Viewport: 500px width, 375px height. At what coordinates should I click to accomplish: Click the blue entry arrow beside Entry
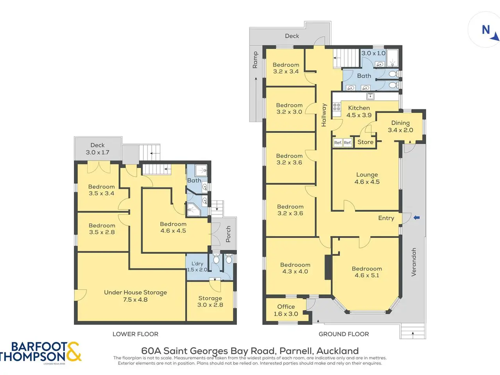[416, 218]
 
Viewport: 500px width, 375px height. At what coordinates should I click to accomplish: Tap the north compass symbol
[490, 33]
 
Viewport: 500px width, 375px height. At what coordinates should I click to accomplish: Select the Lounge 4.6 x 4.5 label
[367, 178]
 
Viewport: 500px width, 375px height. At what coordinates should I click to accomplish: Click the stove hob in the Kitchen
[337, 107]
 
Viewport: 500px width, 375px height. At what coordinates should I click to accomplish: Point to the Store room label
[365, 142]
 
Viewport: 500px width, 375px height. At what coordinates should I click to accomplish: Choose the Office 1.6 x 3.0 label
[286, 310]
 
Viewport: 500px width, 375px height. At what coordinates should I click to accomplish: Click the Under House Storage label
[135, 296]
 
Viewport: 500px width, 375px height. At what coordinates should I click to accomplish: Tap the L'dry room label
[197, 267]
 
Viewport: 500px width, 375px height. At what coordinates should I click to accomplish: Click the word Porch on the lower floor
[228, 234]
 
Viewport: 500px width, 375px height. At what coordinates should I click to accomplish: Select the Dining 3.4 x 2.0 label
[400, 127]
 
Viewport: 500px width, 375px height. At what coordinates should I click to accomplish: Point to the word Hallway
[324, 115]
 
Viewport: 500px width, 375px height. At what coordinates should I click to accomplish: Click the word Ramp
[255, 60]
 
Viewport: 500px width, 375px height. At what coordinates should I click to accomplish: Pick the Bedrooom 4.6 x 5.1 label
[367, 272]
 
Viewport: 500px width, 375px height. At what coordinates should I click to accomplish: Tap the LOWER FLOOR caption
[135, 334]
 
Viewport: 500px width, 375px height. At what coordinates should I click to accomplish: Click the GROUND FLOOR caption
[343, 334]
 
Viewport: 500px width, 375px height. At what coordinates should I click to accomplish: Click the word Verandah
[414, 262]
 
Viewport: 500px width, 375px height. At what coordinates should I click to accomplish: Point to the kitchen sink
[370, 96]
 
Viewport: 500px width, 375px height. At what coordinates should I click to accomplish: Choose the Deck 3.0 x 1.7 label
[98, 149]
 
